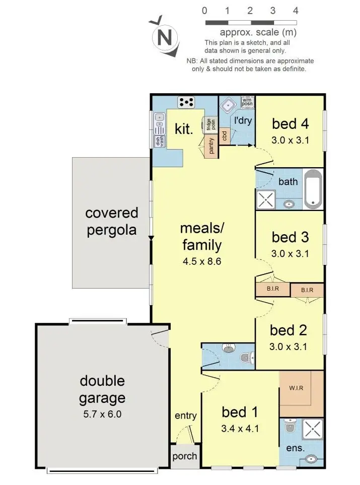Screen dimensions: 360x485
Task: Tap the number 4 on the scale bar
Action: coord(296,11)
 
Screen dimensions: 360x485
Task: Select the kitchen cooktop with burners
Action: coord(186,102)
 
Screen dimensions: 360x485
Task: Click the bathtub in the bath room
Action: coord(313,189)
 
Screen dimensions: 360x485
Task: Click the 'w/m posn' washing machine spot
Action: coord(247,102)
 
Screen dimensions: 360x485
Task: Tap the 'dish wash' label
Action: coord(160,141)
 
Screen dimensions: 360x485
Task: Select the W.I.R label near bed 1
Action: coord(296,388)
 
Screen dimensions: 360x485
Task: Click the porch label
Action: coord(185,456)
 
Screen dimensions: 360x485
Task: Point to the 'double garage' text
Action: coord(102,389)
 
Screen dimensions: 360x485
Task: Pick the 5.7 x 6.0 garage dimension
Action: coord(102,414)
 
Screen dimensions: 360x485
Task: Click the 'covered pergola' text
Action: coord(112,221)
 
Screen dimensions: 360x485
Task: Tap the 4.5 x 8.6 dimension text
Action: coord(202,261)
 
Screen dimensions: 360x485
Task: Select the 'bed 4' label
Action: coord(291,124)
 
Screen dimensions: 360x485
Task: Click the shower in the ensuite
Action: coord(313,429)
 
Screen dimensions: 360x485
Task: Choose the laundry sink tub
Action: coord(228,105)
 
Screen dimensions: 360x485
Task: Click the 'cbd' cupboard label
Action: coord(225,135)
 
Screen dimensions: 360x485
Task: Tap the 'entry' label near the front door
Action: coord(186,415)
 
